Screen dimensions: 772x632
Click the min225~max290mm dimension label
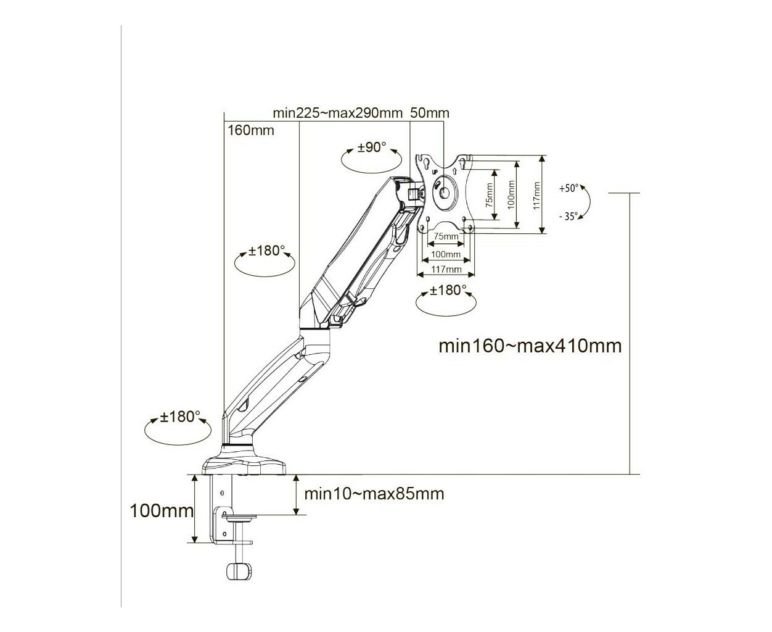tap(337, 113)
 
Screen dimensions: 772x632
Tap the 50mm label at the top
tap(429, 113)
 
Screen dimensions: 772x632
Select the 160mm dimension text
tap(251, 130)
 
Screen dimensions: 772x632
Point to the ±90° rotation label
tap(372, 148)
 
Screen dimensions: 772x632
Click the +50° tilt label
tap(569, 188)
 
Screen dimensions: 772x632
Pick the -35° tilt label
tap(568, 217)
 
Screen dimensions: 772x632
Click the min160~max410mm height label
tap(530, 346)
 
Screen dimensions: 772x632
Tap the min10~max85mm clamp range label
tap(374, 494)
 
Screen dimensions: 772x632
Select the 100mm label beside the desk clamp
tap(162, 511)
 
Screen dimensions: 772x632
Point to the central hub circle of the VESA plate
tap(445, 193)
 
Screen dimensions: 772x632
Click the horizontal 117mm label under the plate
tap(446, 269)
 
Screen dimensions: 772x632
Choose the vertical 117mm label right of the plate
tap(536, 196)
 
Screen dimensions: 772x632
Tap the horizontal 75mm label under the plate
tap(446, 236)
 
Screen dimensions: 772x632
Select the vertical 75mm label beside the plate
tap(489, 195)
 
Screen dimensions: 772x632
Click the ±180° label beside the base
tap(180, 417)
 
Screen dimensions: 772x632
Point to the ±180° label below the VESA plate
tap(448, 290)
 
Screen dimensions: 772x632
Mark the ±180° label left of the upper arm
tap(266, 251)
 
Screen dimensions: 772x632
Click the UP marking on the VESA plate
tap(435, 172)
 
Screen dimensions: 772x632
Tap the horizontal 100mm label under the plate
tap(445, 254)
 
